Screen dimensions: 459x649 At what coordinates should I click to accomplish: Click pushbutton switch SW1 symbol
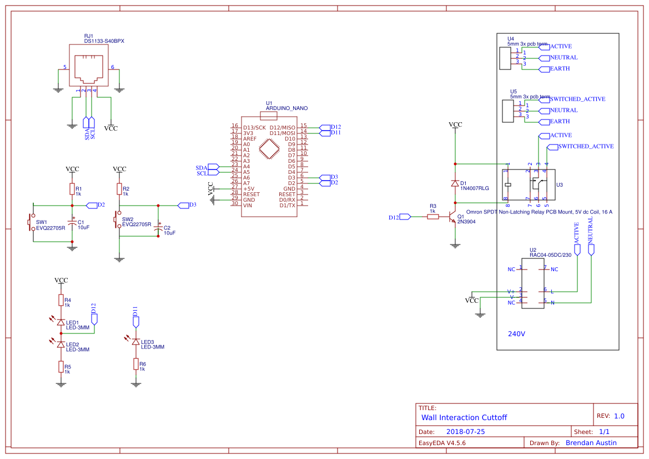tap(32, 222)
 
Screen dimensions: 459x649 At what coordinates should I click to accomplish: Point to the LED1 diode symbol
tap(61, 322)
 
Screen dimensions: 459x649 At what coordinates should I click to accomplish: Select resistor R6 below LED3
tap(135, 364)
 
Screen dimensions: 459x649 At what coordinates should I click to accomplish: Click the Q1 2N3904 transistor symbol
tap(452, 217)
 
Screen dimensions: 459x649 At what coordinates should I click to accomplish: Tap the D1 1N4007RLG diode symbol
tap(455, 183)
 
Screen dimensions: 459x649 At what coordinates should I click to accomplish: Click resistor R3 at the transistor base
tap(433, 217)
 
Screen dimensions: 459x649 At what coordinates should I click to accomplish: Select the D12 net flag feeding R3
tap(400, 217)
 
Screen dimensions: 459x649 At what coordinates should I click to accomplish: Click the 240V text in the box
tap(516, 335)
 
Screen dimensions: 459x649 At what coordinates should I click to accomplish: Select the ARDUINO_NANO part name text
tap(286, 108)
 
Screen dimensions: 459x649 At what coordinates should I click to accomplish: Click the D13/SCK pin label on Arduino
tap(254, 128)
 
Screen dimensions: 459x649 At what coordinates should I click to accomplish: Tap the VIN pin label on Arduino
tap(248, 205)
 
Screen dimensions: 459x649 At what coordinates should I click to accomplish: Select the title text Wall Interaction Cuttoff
tap(464, 417)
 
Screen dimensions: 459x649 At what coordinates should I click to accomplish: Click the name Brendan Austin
tap(591, 443)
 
